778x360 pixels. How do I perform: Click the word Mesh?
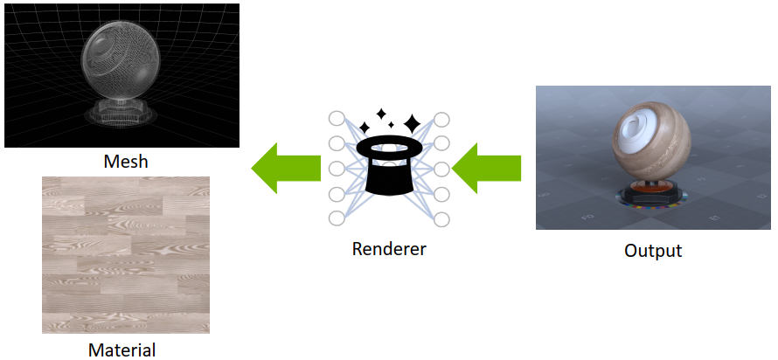point(126,162)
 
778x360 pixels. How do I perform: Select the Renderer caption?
point(389,249)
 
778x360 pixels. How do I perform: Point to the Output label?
point(653,251)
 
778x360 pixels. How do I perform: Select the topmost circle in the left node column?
point(337,119)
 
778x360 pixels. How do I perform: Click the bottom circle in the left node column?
point(337,218)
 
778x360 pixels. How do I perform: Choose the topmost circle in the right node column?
point(441,119)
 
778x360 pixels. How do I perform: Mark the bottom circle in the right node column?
point(441,218)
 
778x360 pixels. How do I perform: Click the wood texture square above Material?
point(126,254)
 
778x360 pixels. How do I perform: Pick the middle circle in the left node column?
point(337,169)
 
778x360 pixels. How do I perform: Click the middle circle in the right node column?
point(441,169)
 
